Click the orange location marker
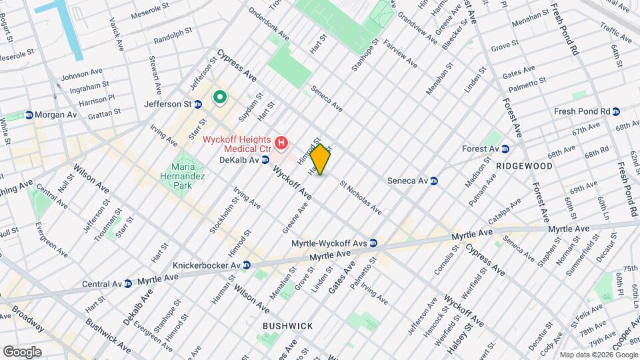[x=320, y=160]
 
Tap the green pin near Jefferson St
[x=219, y=99]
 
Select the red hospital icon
[x=283, y=143]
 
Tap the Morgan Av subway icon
[x=29, y=115]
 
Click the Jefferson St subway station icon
[x=198, y=104]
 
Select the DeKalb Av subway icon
[x=265, y=160]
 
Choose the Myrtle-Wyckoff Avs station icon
[x=373, y=243]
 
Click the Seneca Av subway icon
[x=433, y=181]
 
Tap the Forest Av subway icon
[x=505, y=149]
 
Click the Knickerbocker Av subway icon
[x=246, y=265]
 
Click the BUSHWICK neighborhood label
[x=287, y=326]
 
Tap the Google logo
[x=22, y=351]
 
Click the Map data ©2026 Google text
[x=598, y=355]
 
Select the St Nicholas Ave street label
[x=361, y=198]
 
